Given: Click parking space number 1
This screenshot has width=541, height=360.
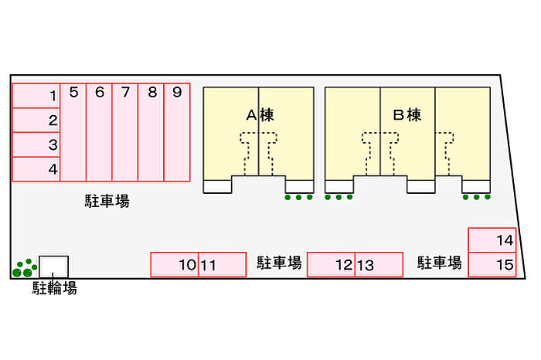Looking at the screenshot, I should pyautogui.click(x=36, y=96).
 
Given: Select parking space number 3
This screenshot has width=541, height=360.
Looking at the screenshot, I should pyautogui.click(x=36, y=144).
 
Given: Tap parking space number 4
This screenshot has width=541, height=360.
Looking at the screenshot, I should pyautogui.click(x=36, y=168).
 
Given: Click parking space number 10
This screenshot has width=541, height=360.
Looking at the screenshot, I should pyautogui.click(x=175, y=264).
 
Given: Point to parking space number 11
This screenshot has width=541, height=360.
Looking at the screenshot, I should pyautogui.click(x=223, y=264).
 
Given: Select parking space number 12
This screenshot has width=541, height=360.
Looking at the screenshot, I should pyautogui.click(x=332, y=264).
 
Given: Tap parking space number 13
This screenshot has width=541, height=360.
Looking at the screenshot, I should pyautogui.click(x=379, y=264).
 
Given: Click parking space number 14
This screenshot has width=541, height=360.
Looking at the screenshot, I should pyautogui.click(x=492, y=239).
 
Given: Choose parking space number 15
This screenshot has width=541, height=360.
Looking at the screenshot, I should pyautogui.click(x=492, y=265).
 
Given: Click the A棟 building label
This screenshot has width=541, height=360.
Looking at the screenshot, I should pyautogui.click(x=260, y=116).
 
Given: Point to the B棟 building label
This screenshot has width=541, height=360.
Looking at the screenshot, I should pyautogui.click(x=407, y=116).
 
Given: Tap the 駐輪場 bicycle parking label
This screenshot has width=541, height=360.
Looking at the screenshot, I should pyautogui.click(x=54, y=289).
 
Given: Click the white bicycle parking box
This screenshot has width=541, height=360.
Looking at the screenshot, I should pyautogui.click(x=54, y=266).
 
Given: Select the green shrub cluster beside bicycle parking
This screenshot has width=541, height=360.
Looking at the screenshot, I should pyautogui.click(x=24, y=267).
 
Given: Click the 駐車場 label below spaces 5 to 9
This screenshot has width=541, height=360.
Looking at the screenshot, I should pyautogui.click(x=107, y=202).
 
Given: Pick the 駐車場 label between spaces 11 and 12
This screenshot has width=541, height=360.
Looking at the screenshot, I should pyautogui.click(x=279, y=263).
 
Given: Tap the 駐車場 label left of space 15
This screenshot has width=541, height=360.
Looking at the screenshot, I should pyautogui.click(x=440, y=263).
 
